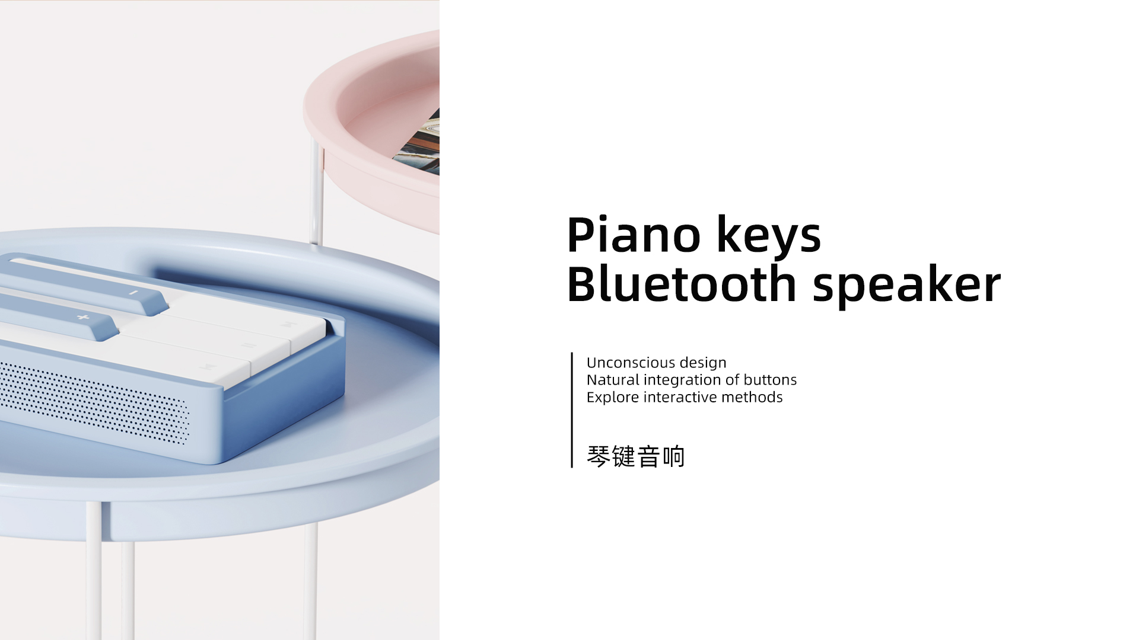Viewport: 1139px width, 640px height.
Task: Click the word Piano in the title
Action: point(634,235)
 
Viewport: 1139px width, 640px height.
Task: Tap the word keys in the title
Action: point(769,235)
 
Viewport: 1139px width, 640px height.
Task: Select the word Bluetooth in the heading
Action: point(681,285)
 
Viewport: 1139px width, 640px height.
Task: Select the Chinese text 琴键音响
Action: point(635,457)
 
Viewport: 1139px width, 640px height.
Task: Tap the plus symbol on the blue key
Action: point(83,318)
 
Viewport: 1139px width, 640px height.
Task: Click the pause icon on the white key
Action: point(248,345)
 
